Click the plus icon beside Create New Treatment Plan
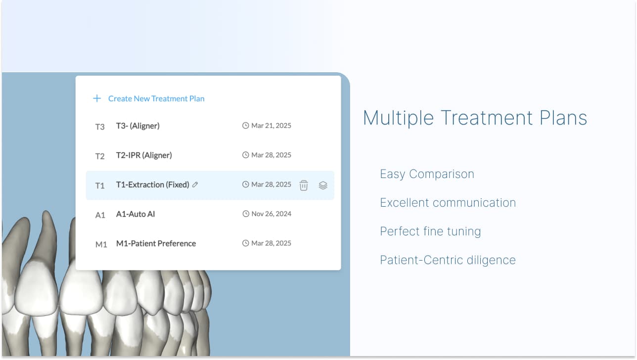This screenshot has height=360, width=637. tap(97, 98)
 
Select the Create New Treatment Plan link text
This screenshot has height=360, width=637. tap(156, 98)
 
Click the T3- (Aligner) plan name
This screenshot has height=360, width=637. tap(137, 126)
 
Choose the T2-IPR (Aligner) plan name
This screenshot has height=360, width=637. tap(144, 155)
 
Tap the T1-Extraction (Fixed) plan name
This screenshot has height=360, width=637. tap(152, 184)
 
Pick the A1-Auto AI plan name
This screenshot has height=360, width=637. tap(136, 214)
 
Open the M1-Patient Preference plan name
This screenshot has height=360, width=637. tap(156, 243)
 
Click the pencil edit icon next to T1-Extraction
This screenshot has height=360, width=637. tap(195, 184)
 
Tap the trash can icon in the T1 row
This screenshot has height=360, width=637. tap(304, 185)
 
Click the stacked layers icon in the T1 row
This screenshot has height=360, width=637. tap(323, 185)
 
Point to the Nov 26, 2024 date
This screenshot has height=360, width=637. tap(271, 214)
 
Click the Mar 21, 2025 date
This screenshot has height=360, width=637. tap(271, 126)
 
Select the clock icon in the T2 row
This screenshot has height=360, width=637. tap(245, 155)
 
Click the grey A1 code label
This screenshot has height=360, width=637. tap(100, 215)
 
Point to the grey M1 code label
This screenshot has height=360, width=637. tap(101, 244)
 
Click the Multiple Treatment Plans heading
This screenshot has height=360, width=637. tap(475, 118)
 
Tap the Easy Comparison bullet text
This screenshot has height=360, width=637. tap(427, 174)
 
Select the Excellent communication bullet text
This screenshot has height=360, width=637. tap(448, 203)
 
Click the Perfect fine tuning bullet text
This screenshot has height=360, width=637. tap(430, 231)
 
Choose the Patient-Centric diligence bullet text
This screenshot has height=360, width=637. tap(448, 260)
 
